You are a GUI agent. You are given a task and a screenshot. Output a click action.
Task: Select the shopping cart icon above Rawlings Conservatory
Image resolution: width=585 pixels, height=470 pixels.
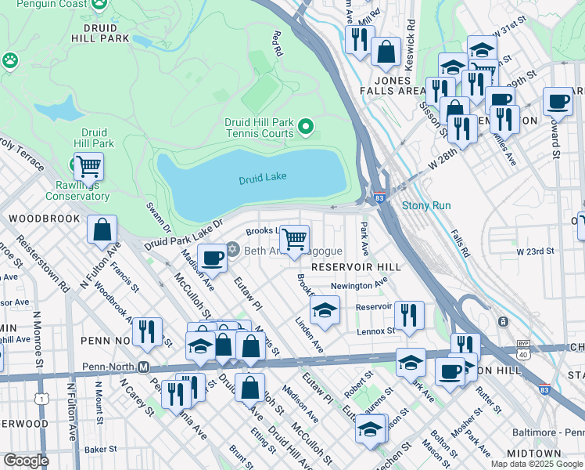coord(89,166)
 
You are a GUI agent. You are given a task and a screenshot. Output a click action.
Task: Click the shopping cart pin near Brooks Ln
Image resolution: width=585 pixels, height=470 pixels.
coord(294,238)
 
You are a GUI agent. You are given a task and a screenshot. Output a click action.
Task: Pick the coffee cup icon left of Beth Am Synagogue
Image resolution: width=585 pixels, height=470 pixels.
coord(212,258)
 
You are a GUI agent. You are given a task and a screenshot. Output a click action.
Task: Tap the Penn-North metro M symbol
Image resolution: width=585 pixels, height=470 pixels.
coord(143,367)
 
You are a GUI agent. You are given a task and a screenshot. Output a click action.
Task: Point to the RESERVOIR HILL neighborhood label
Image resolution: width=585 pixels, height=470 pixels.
coord(356,267)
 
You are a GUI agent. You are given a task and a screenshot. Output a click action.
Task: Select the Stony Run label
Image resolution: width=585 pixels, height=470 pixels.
coord(426,206)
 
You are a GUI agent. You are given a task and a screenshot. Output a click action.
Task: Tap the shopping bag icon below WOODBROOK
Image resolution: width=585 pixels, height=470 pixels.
coord(102,230)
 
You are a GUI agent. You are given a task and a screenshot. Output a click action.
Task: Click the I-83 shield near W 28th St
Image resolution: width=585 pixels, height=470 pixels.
coord(379,199)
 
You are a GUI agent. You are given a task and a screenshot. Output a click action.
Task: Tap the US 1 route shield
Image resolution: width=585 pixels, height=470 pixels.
coord(38,399)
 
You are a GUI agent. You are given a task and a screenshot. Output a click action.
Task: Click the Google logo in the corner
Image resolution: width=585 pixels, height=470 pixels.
coord(26,461)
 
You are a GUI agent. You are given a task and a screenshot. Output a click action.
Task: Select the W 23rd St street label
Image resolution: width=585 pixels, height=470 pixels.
coord(535,251)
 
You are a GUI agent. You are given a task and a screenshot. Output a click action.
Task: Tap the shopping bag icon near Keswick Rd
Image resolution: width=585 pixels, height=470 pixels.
coord(386,52)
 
